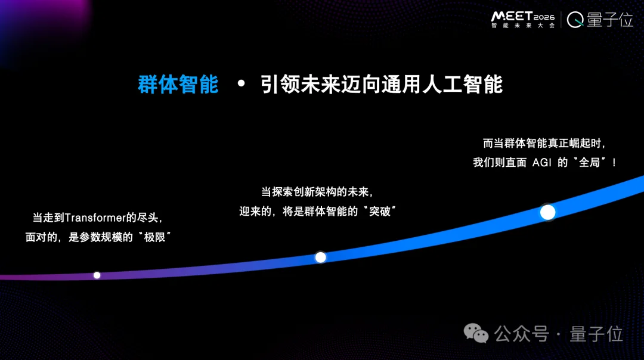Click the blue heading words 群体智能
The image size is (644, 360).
(178, 85)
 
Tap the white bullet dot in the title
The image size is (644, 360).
(241, 84)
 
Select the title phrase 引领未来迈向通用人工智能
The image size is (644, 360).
(382, 85)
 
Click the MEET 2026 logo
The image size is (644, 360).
(522, 15)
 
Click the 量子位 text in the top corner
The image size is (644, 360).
(609, 20)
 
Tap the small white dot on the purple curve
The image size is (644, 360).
(97, 275)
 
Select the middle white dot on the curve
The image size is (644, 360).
(320, 257)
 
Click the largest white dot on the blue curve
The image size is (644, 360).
(547, 212)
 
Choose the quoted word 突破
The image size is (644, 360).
(379, 211)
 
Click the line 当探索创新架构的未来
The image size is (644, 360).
(316, 193)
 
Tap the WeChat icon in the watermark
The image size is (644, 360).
(476, 334)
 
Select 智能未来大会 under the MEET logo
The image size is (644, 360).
(522, 26)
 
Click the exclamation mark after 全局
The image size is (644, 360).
(614, 163)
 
